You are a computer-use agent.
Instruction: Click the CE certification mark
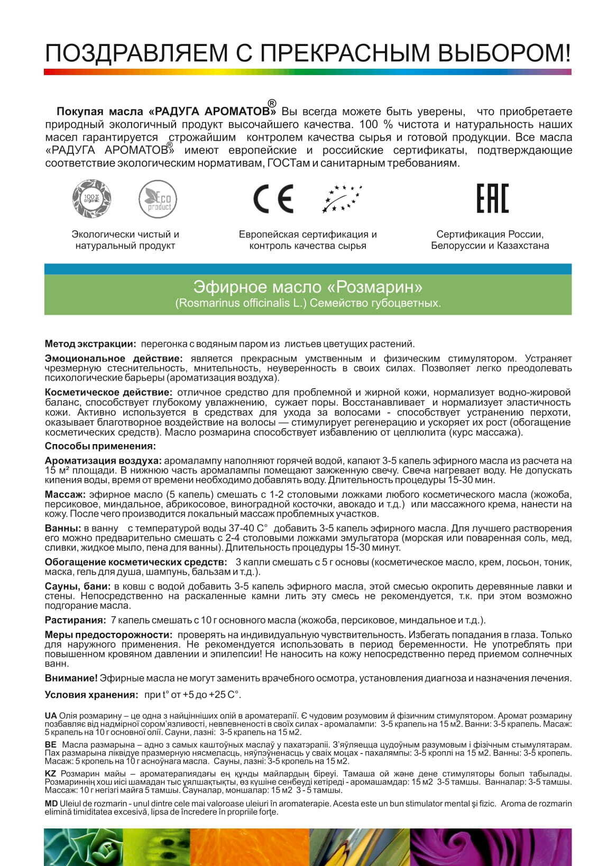pos(273,199)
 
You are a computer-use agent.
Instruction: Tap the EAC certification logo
pos(492,198)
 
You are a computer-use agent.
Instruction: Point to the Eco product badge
pos(158,199)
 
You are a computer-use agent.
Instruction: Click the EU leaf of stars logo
pos(342,198)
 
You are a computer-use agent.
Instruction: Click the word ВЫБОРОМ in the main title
pos(502,53)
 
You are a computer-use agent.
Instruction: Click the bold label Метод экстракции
pos(90,344)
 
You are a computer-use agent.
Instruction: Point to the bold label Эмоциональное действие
pos(114,359)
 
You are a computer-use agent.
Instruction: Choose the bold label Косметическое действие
pos(108,392)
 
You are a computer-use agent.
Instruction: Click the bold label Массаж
pos(65,495)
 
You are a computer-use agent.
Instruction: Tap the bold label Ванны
pos(62,528)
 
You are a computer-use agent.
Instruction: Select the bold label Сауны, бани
pos(78,586)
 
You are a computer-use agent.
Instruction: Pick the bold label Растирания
pos(75,620)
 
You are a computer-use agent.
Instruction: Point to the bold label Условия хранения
pos(91,695)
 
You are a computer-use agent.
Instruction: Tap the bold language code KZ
pos(51,773)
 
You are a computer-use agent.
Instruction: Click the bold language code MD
pos(51,804)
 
